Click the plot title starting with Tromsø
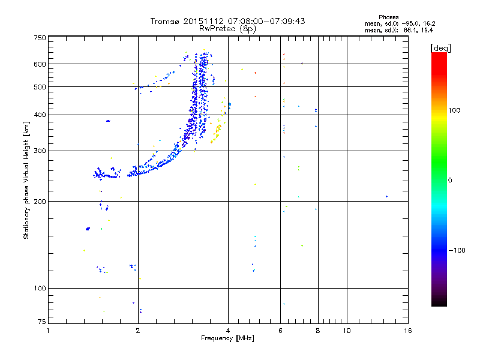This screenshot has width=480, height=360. point(228,21)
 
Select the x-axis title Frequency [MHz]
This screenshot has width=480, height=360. point(228,339)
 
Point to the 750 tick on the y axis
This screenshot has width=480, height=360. point(40,38)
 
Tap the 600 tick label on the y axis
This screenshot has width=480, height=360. point(40,64)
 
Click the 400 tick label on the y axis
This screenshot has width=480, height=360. point(40,115)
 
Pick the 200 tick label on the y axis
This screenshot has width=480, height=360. point(40,201)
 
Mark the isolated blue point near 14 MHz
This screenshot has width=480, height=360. point(386,196)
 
